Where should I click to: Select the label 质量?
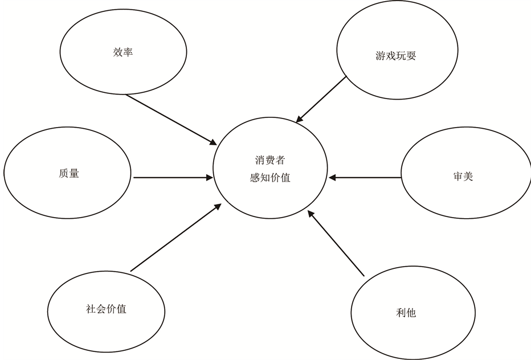click(x=68, y=173)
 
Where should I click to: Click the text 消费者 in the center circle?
click(x=270, y=161)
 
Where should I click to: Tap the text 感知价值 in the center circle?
click(x=270, y=178)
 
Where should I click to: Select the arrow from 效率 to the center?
click(x=171, y=118)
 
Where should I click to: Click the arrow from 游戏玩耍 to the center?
click(x=322, y=99)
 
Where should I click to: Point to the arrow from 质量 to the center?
click(x=171, y=178)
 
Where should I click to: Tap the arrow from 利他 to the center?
click(x=336, y=244)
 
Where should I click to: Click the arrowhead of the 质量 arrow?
click(x=209, y=178)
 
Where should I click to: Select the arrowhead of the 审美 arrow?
click(x=333, y=178)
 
